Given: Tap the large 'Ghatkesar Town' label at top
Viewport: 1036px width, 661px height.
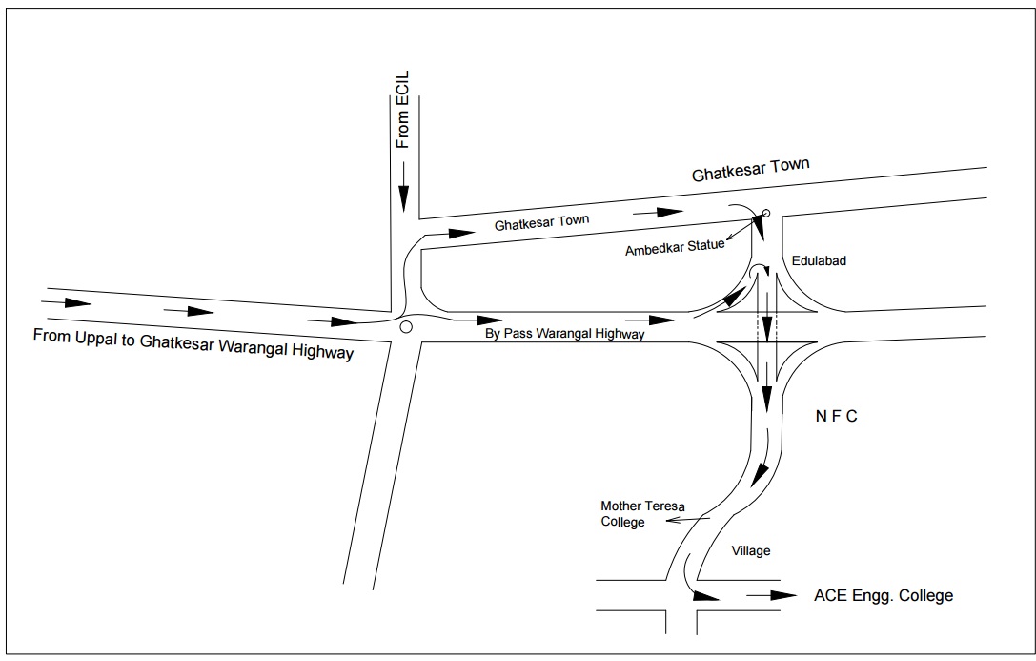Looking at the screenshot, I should coord(750,170).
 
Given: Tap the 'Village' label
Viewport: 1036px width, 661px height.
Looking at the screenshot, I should coord(750,550).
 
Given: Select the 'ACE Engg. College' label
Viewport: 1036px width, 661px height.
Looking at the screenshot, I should coord(884,596).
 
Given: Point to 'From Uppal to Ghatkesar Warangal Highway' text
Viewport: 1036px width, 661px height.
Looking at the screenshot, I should coord(193,343).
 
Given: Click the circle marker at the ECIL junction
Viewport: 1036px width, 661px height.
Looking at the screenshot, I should coord(406,327).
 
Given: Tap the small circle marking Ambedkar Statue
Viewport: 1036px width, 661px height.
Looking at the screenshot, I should coord(766,213).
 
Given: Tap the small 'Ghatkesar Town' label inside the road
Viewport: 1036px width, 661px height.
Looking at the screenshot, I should coord(541,221).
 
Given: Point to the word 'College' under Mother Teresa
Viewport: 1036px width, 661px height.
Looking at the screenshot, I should coord(622,522).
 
